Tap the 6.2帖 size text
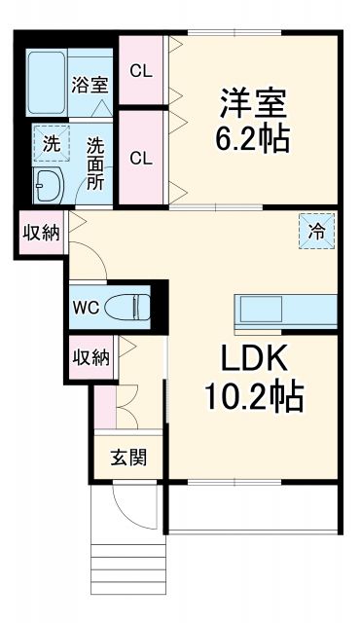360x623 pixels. coord(250,138)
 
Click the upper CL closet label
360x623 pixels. coord(141,70)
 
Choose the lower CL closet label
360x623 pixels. coord(141,158)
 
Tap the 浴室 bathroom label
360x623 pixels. coord(90,84)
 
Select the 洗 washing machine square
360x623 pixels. coord(51,143)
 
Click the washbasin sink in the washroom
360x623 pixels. coord(47,180)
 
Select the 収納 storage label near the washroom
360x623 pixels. coord(41,231)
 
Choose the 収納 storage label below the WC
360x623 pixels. coord(90,357)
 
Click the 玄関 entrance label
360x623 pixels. coord(128,457)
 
